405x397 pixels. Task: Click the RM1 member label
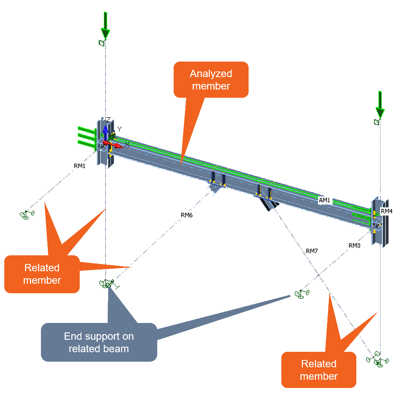coord(80,165)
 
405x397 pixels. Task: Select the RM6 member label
coord(187,215)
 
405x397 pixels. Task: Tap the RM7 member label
coord(312,251)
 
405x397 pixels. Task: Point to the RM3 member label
coord(355,245)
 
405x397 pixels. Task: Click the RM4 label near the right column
coord(386,211)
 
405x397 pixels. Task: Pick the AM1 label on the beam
coord(324,200)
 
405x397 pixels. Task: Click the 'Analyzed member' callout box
coord(211,80)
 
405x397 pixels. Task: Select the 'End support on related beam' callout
coord(99,342)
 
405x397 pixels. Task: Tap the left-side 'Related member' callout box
coord(42,274)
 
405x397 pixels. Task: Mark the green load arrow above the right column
coord(380,104)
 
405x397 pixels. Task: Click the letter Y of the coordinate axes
coord(120,129)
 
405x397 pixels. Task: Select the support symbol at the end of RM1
coord(27,214)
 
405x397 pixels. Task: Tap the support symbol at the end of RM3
coord(302,294)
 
